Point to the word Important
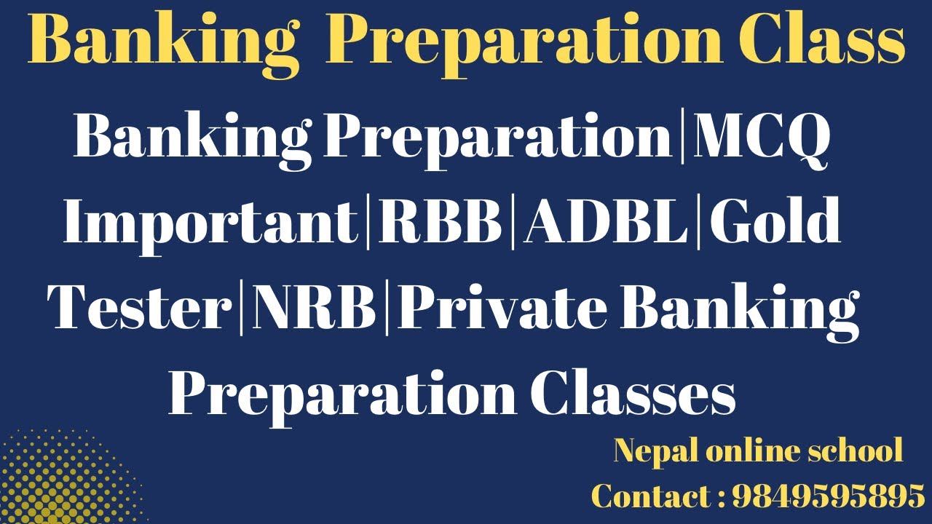click(x=210, y=222)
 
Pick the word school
click(x=856, y=451)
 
